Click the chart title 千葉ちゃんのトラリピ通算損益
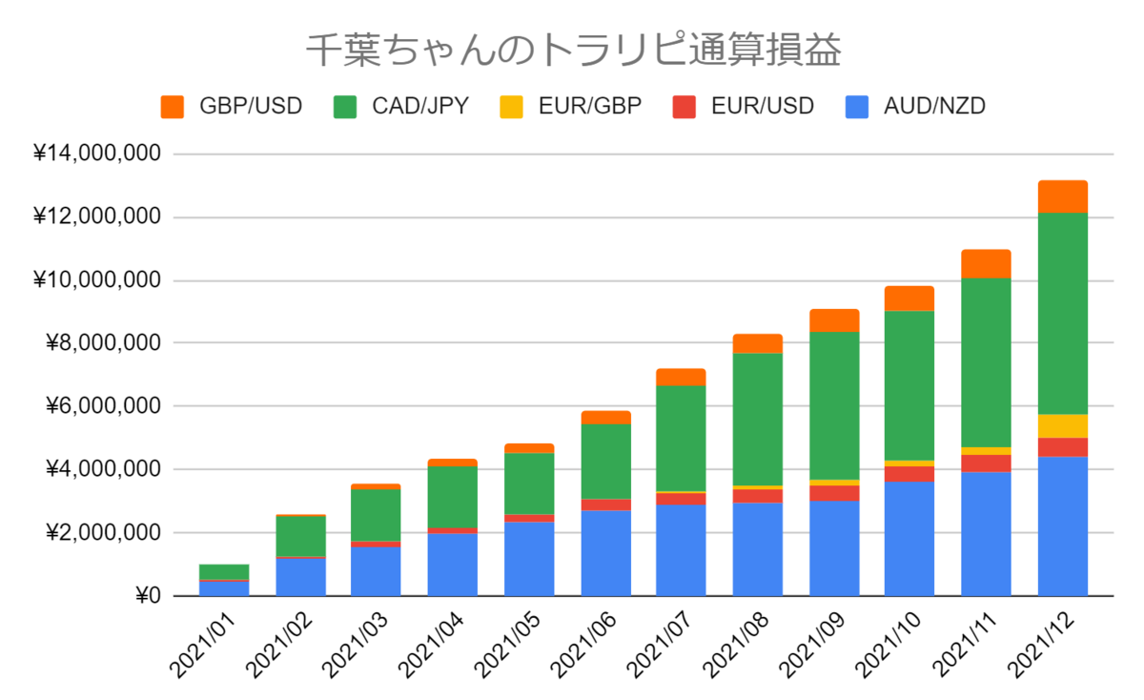point(573,50)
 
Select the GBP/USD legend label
point(251,106)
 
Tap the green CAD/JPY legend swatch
point(345,107)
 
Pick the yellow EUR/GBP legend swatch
point(511,107)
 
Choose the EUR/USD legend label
point(763,106)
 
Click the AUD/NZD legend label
point(934,106)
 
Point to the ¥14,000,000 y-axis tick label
point(97,153)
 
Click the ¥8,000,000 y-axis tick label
point(103,342)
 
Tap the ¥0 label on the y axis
point(148,596)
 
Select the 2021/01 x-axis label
point(203,647)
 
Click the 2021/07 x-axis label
point(660,647)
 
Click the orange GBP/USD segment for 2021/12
point(1063,196)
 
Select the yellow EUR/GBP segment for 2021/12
point(1063,426)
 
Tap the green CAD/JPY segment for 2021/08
point(758,420)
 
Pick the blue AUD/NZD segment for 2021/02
point(301,577)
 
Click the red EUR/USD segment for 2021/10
point(909,474)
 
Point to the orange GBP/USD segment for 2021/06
point(606,418)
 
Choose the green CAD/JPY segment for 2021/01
point(224,572)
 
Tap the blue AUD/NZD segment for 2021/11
point(986,534)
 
